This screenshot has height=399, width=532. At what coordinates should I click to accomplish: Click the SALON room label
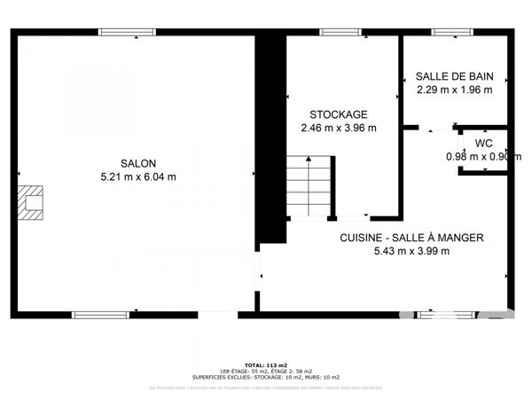pyautogui.click(x=139, y=163)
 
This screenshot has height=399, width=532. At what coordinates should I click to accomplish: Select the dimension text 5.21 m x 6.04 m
pyautogui.click(x=139, y=176)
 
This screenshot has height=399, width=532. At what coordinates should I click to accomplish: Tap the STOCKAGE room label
pyautogui.click(x=339, y=114)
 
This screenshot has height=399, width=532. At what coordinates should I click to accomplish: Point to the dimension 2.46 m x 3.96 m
pyautogui.click(x=339, y=128)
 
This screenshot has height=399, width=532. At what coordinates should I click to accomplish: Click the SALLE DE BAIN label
pyautogui.click(x=455, y=76)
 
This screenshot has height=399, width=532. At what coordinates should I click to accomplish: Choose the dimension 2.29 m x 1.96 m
pyautogui.click(x=455, y=90)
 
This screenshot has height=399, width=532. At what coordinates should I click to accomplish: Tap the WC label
pyautogui.click(x=483, y=144)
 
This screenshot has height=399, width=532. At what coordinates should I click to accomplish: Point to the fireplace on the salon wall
pyautogui.click(x=33, y=201)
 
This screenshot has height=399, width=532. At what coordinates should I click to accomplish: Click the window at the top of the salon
pyautogui.click(x=126, y=33)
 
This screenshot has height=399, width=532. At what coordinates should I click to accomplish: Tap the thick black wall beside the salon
pyautogui.click(x=270, y=133)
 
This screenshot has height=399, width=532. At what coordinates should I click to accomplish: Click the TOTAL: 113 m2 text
pyautogui.click(x=266, y=364)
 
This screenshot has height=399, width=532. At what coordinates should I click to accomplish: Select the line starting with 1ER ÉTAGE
pyautogui.click(x=266, y=371)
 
